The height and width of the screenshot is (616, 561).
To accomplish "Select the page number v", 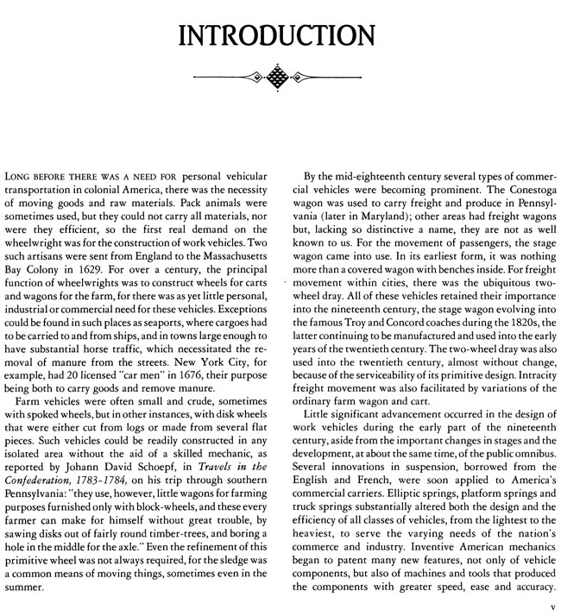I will point(539,607).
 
